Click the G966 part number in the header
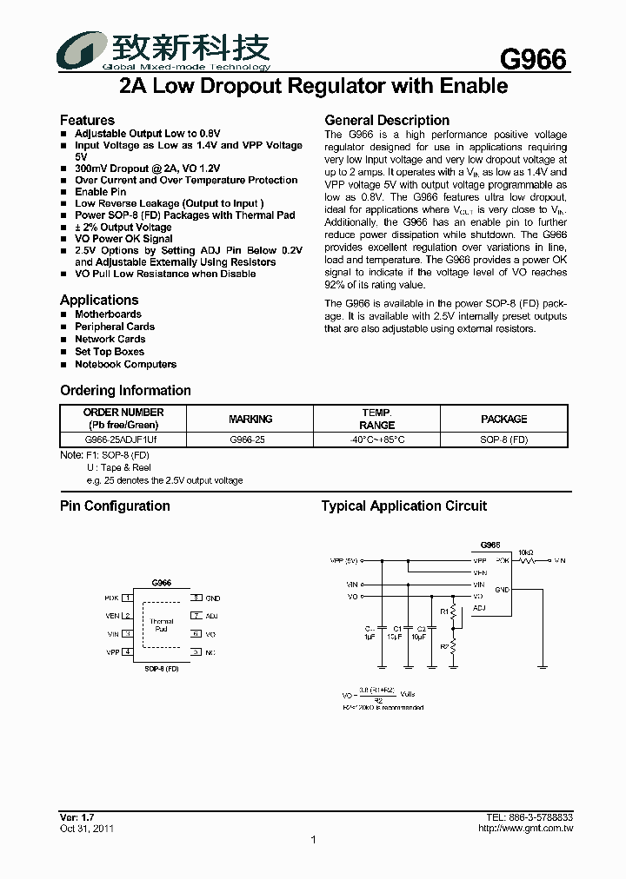533,58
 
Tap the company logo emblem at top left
78,50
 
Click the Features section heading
87,120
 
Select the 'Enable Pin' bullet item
100,192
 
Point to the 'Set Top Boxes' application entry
110,352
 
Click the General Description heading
387,120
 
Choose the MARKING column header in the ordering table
250,419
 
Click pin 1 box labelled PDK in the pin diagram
127,598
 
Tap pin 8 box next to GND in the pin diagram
196,598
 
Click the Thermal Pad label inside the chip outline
162,625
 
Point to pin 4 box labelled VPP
127,651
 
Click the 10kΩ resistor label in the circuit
527,552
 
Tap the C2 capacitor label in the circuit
422,627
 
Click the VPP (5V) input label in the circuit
344,561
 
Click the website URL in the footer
525,829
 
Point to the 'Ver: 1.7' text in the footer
77,818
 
